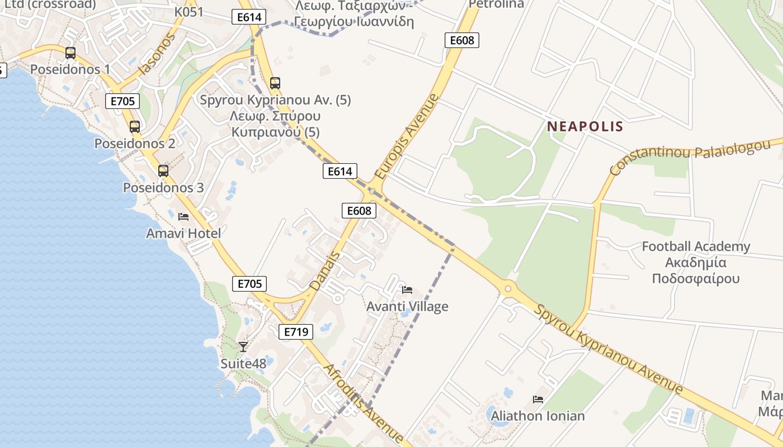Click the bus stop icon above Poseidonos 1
point(70,53)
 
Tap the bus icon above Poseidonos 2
point(135,127)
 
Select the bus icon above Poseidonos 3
point(163,171)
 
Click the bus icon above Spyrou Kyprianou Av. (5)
point(275,83)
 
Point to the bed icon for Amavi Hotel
point(183,217)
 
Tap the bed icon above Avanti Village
point(407,290)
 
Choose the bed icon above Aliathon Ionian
point(538,400)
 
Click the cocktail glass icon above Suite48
point(243,347)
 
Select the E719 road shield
point(296,332)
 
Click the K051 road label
point(189,12)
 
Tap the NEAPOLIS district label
point(585,126)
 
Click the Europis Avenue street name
point(407,136)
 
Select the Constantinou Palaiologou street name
point(690,156)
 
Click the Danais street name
point(325,271)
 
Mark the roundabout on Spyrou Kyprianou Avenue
point(508,289)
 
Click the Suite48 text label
point(243,364)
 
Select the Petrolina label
point(496,4)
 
